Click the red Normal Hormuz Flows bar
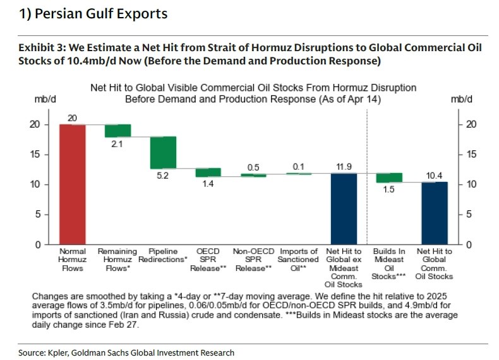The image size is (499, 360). click(72, 184)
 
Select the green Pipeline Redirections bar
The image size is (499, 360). click(163, 152)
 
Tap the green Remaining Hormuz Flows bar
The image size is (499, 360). click(117, 131)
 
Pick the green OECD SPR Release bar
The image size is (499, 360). click(208, 172)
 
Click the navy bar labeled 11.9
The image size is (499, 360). click(344, 208)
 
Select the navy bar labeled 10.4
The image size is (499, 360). click(435, 213)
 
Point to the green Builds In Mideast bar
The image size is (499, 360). click(389, 177)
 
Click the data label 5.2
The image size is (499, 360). click(163, 176)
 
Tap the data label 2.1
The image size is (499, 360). click(117, 144)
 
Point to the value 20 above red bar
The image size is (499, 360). click(72, 117)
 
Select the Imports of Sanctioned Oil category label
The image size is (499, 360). click(299, 259)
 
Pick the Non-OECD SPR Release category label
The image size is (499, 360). click(253, 259)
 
